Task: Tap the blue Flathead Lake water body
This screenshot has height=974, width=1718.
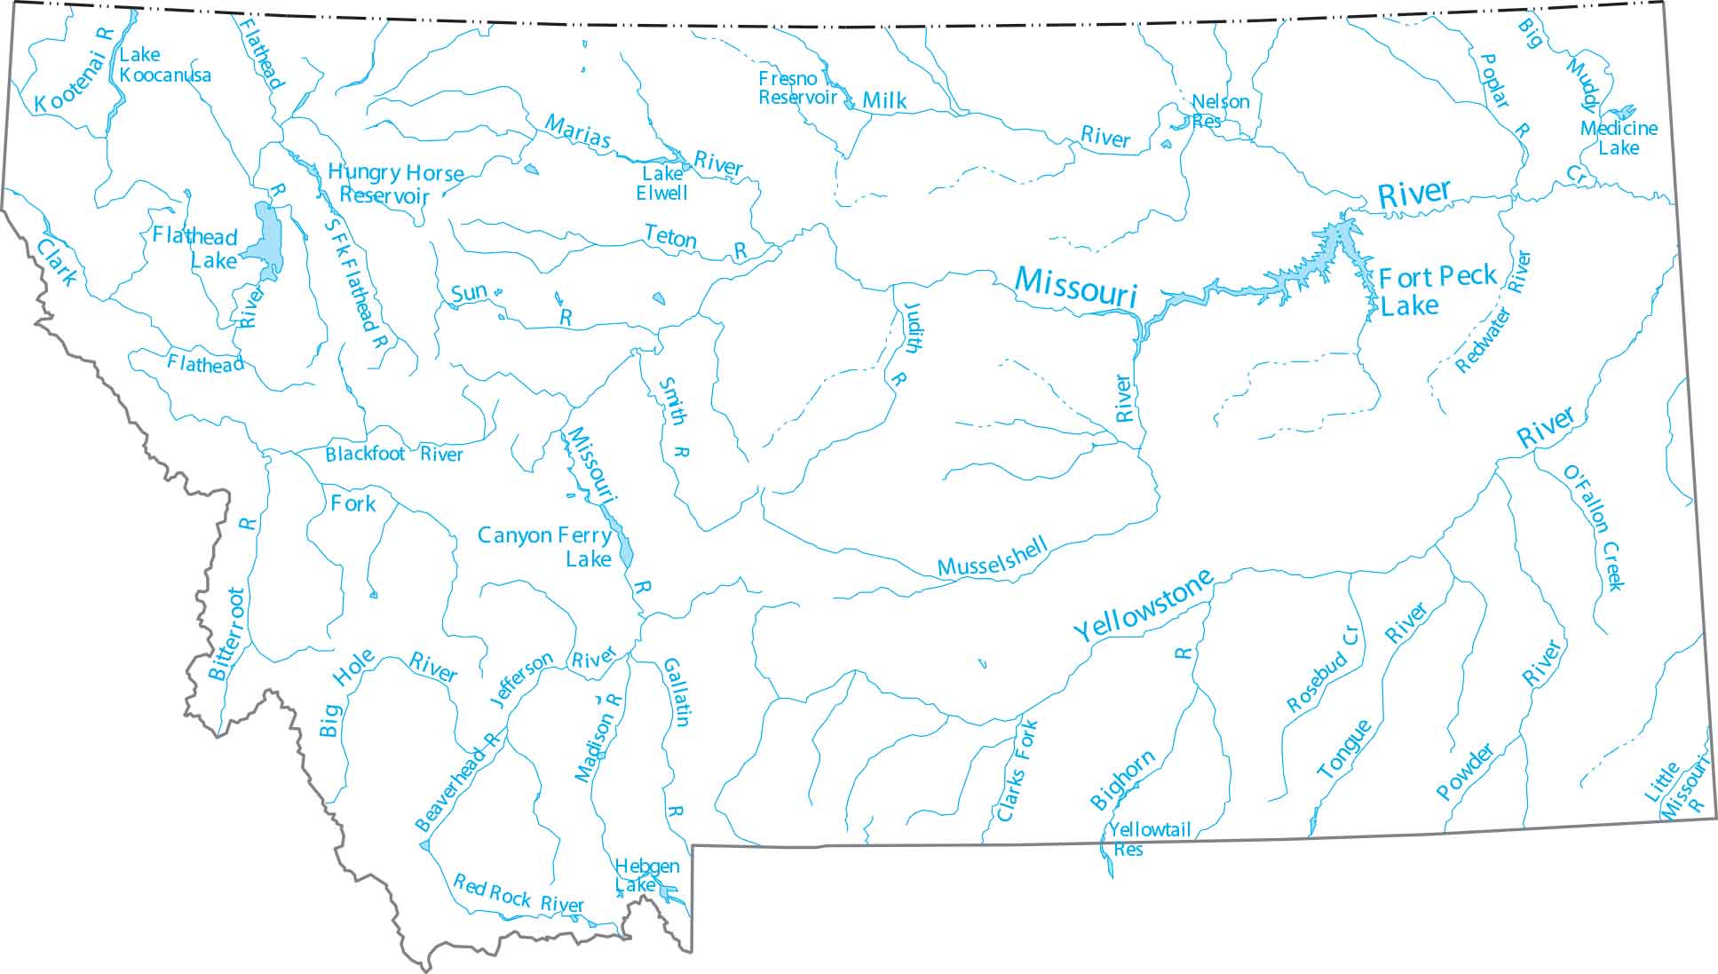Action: coord(267,236)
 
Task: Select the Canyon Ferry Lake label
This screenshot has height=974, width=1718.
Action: coord(545,546)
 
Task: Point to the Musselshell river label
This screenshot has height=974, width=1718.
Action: coord(993,558)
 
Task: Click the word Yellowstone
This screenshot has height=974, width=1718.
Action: coord(1144,606)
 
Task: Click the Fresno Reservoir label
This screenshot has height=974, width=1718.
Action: coord(796,88)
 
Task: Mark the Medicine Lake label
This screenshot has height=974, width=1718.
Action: coord(1619,138)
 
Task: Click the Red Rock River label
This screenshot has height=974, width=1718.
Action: coord(519,894)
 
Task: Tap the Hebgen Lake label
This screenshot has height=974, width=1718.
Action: coord(645,875)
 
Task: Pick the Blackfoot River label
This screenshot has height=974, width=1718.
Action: coord(393,455)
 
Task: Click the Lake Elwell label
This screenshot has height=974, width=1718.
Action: coord(661,183)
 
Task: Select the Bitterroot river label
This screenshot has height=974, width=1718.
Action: coord(226,633)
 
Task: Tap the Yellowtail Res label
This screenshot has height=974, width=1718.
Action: coord(1148,838)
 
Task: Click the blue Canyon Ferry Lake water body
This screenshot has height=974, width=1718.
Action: coord(624,545)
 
